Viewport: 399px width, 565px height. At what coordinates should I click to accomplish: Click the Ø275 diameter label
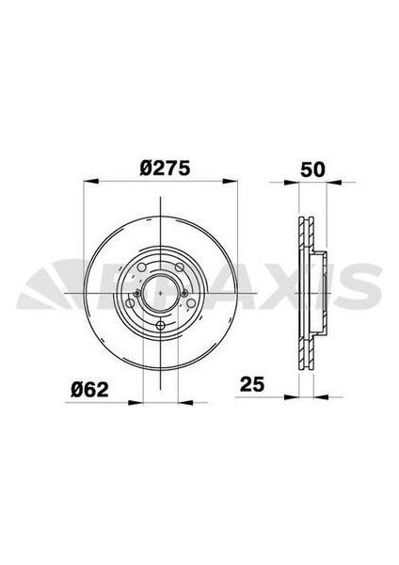[165, 169]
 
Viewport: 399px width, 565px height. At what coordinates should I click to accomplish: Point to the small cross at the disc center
[164, 291]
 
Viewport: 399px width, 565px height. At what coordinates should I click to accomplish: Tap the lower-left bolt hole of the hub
[137, 311]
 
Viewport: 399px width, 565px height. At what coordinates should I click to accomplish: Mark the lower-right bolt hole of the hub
[189, 311]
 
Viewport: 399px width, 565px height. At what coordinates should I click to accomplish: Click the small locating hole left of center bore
[138, 293]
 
